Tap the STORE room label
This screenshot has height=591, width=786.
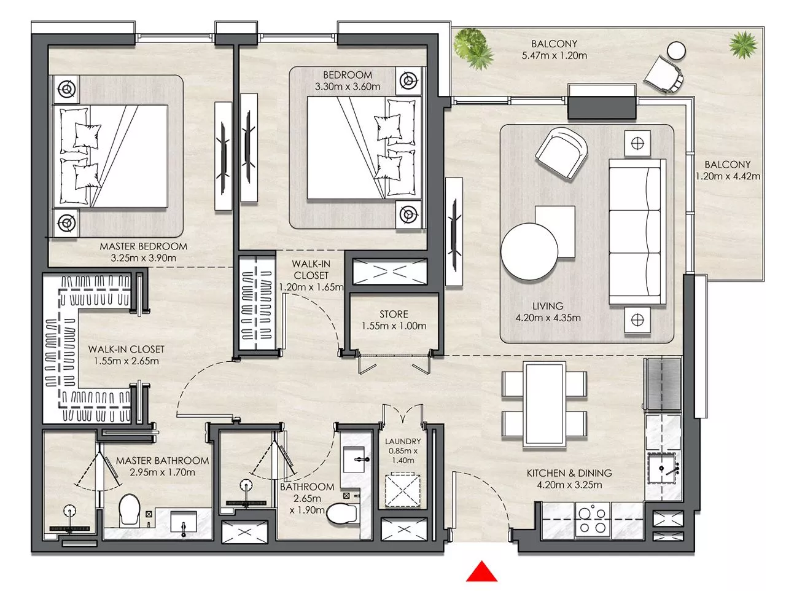[394, 314]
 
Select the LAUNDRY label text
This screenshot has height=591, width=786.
[403, 441]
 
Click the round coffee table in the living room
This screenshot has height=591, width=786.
[529, 251]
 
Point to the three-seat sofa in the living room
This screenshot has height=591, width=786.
[637, 232]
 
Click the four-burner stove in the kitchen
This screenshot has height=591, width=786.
[593, 520]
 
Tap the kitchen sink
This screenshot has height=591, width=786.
[664, 469]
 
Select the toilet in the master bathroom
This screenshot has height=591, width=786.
[129, 509]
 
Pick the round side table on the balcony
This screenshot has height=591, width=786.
[676, 51]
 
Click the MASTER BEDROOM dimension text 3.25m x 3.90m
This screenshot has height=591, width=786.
[143, 258]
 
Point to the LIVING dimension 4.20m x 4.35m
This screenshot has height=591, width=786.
[548, 318]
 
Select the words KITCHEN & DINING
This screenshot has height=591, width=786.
[569, 473]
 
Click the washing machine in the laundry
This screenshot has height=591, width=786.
[402, 490]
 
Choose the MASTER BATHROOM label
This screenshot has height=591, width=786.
[162, 461]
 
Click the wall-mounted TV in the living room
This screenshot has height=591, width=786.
[454, 232]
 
